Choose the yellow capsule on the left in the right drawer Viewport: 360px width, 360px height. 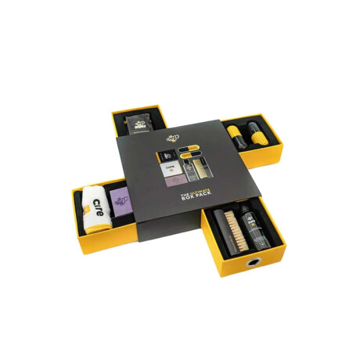point(237,135)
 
